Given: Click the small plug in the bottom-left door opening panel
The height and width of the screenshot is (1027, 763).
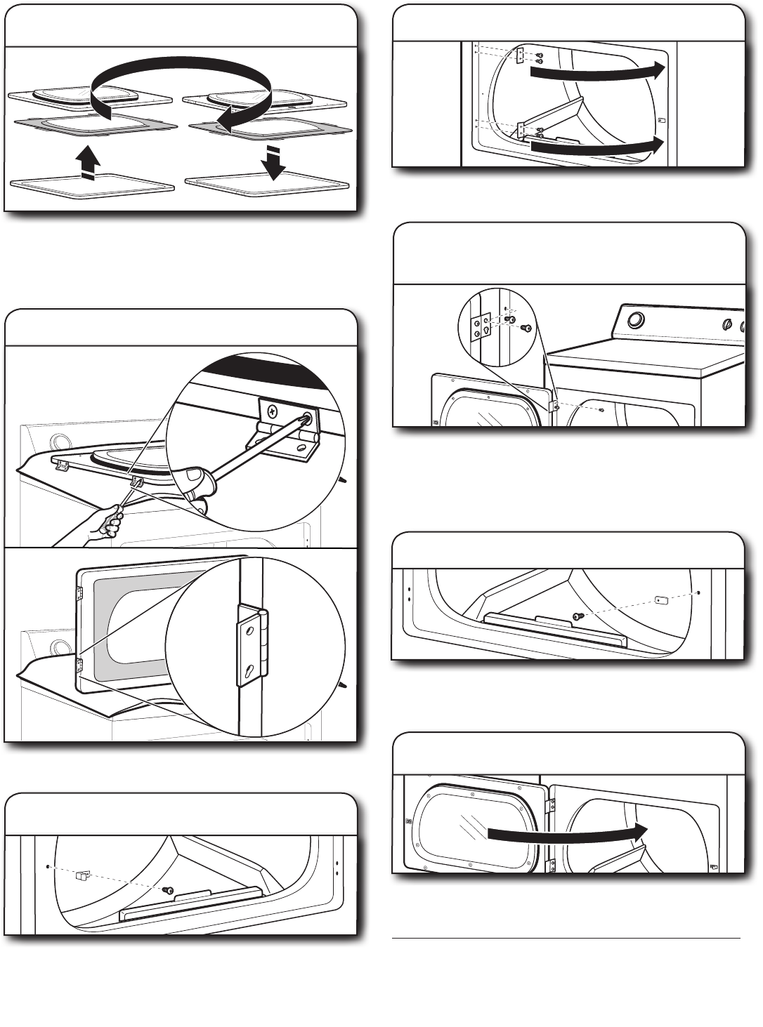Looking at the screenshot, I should point(82,875).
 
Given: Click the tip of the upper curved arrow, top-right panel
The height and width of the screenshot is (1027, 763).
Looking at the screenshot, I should point(658,68).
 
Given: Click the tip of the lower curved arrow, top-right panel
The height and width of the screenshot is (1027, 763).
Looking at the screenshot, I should point(658,145).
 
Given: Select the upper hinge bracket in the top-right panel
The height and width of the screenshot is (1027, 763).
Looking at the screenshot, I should point(520,56).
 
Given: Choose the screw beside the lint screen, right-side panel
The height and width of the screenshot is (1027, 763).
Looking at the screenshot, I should point(578,616).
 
